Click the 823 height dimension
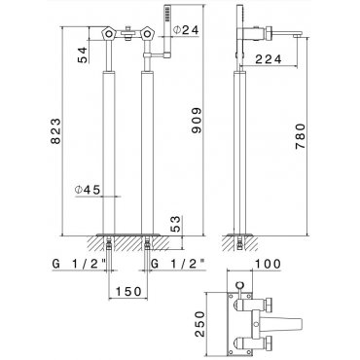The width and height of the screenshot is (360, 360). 55,131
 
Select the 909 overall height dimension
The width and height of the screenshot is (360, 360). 197,121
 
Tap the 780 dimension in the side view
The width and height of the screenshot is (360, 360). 301,136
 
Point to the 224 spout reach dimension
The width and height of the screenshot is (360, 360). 269,59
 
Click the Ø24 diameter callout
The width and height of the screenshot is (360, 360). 186,30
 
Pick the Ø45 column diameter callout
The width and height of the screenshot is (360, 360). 88,190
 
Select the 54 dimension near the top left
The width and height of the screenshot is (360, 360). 83,54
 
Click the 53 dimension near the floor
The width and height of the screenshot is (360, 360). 175,224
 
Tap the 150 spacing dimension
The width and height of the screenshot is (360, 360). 128,291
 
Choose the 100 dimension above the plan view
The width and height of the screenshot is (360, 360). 269,264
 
